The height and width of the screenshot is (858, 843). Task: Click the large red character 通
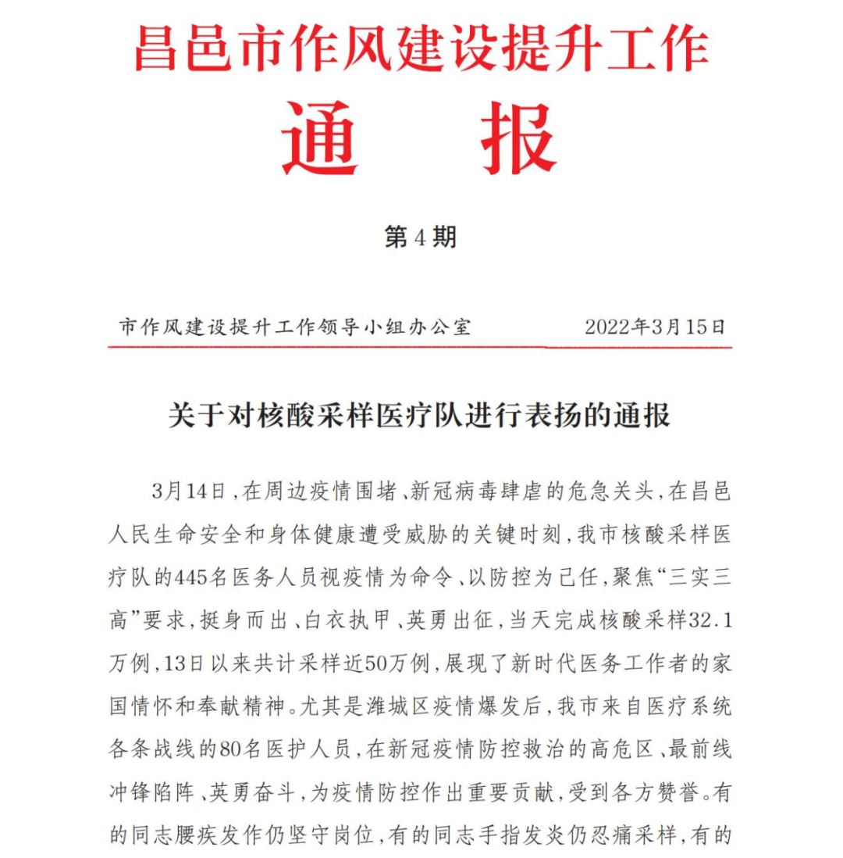click(319, 140)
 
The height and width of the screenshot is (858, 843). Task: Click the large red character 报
click(518, 140)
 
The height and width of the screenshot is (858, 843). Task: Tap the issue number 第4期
click(420, 237)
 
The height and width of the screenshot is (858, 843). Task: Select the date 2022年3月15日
click(655, 327)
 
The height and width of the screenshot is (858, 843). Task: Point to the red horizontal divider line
click(420, 346)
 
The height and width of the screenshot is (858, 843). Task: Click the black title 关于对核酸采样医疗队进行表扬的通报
click(420, 416)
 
